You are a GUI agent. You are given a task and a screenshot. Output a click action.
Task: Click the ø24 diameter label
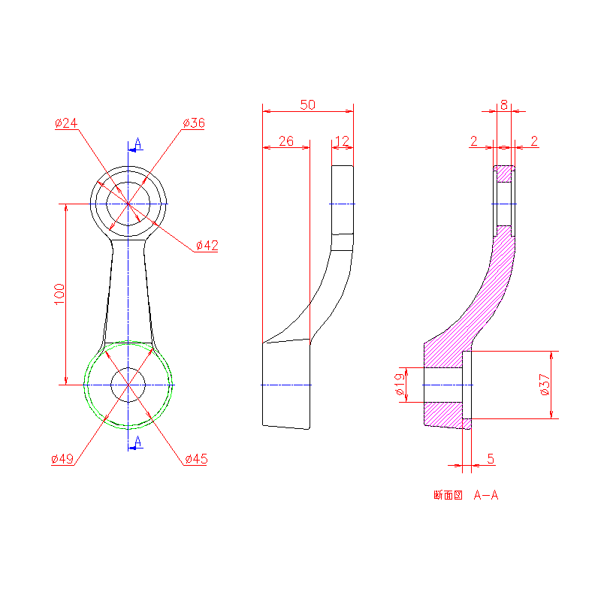[x=67, y=122]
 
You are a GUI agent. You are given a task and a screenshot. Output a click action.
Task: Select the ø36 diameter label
[x=194, y=122]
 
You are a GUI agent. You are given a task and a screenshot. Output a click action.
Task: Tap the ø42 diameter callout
[x=207, y=245]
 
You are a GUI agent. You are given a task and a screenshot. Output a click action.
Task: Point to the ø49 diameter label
[x=62, y=459]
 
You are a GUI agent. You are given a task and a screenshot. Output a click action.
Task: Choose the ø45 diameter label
[x=196, y=459]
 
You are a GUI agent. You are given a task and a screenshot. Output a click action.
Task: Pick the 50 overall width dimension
[x=307, y=104]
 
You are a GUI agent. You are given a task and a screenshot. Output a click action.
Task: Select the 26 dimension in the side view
[x=285, y=140]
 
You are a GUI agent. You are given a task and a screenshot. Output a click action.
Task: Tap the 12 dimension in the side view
[x=342, y=140]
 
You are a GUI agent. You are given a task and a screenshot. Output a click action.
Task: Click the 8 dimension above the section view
[x=503, y=104]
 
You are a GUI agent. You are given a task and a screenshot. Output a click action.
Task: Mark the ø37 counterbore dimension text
[x=545, y=384]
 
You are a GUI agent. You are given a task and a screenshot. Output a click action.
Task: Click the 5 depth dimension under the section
[x=491, y=458]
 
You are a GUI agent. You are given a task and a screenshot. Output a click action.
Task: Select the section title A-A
[x=486, y=495]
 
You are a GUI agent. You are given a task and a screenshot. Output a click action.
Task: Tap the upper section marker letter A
[x=137, y=143]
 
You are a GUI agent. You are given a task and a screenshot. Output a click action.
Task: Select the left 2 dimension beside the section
[x=473, y=140]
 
